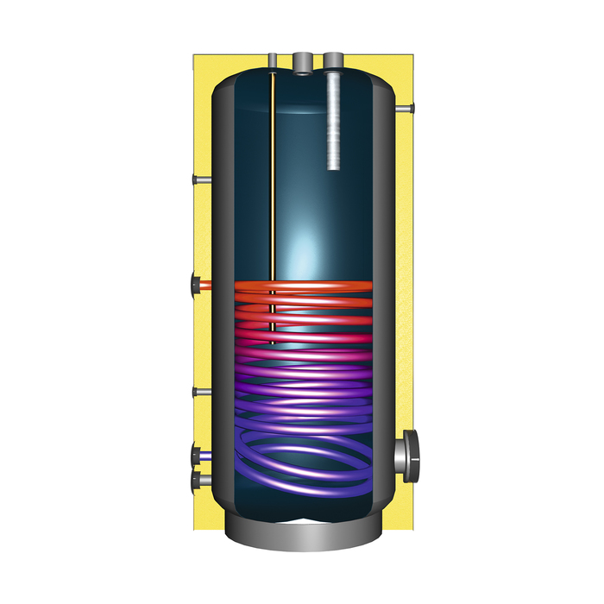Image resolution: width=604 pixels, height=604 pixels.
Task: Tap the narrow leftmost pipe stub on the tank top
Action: pyautogui.click(x=273, y=60)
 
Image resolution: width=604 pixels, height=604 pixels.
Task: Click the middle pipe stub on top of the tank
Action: pyautogui.click(x=303, y=61)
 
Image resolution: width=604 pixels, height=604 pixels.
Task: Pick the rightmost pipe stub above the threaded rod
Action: pyautogui.click(x=334, y=60)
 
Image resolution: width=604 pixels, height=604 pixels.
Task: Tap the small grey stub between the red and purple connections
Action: pyautogui.click(x=200, y=393)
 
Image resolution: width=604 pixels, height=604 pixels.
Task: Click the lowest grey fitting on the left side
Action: pyautogui.click(x=200, y=478)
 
